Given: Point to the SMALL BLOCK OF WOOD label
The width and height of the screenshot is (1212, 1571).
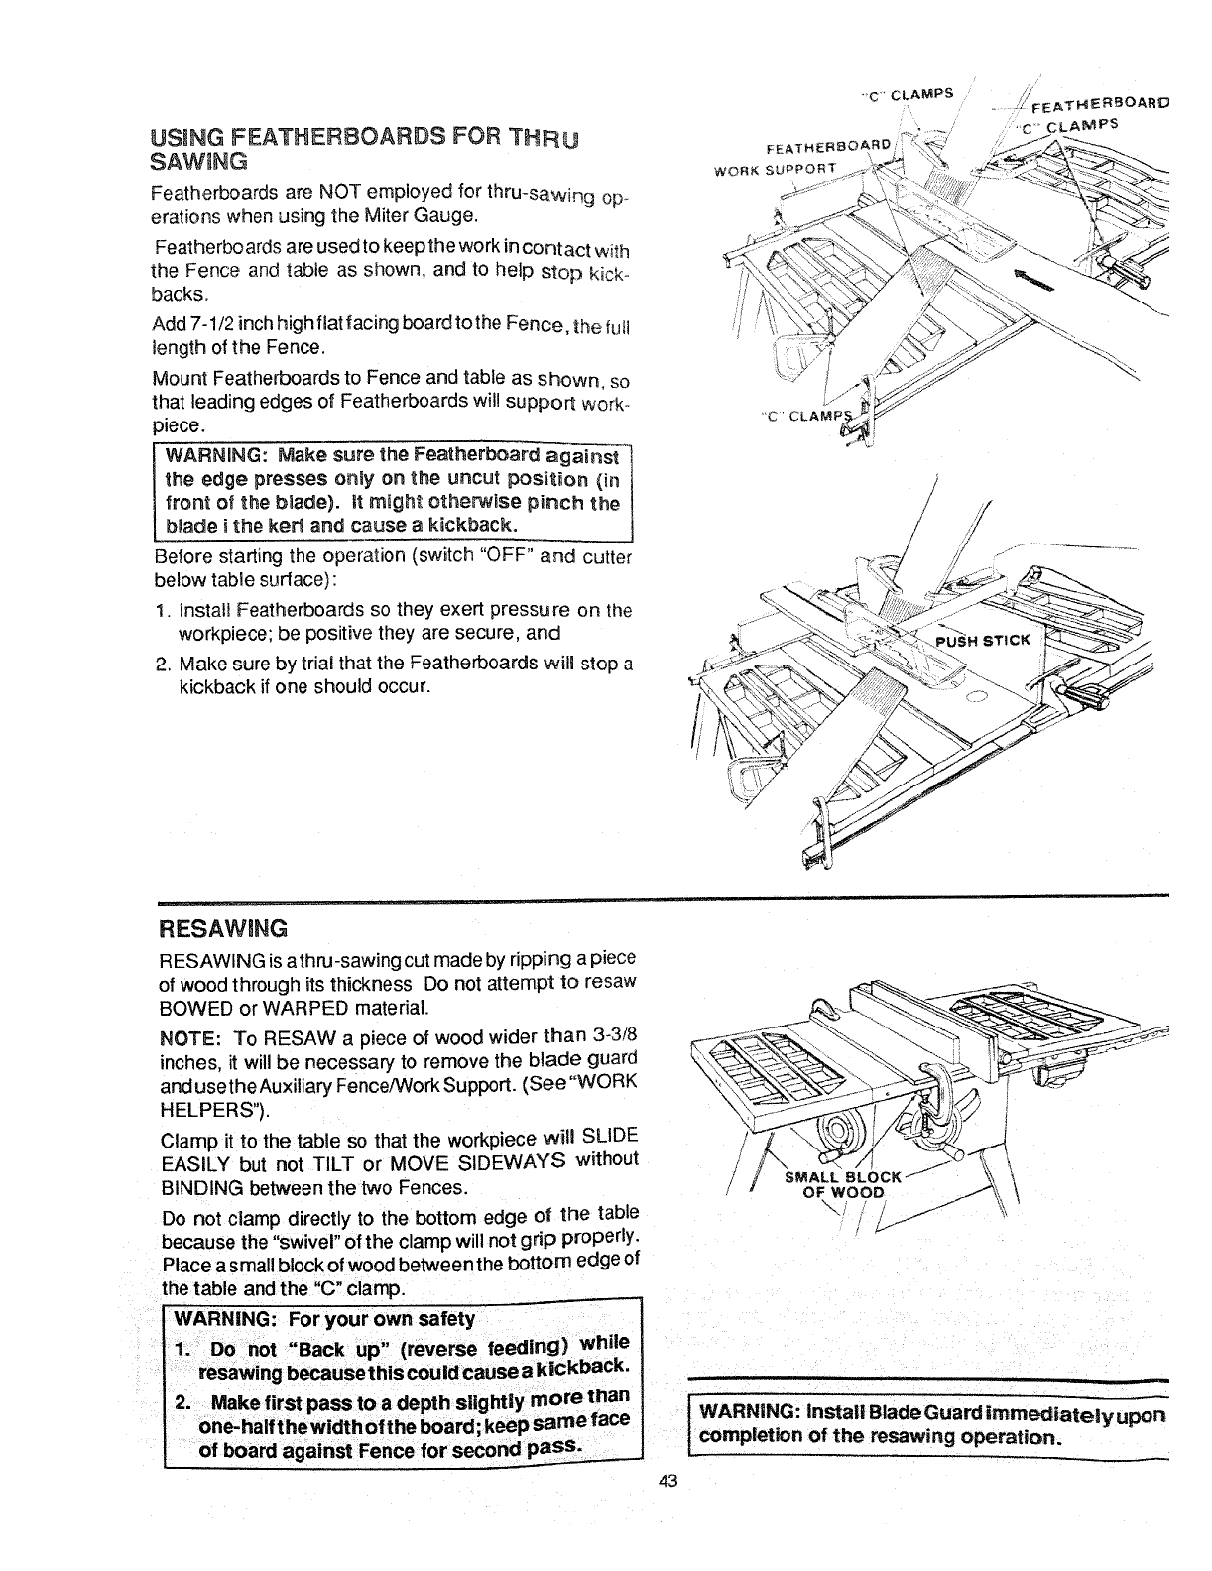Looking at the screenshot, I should click(x=842, y=1184).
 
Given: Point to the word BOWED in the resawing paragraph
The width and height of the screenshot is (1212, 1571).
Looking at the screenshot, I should click(x=188, y=1009).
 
